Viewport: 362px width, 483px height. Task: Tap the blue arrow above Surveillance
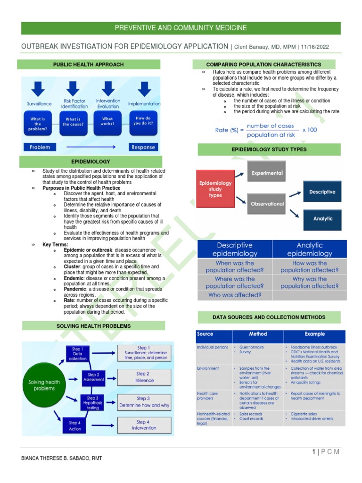[38, 89]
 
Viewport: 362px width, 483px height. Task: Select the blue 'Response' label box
[143, 147]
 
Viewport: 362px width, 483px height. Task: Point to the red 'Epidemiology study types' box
[215, 189]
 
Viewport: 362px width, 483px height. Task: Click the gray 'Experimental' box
[267, 173]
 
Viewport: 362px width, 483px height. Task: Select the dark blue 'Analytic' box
[323, 219]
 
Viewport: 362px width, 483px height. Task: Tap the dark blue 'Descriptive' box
[323, 192]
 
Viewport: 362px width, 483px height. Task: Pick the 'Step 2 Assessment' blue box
[93, 377]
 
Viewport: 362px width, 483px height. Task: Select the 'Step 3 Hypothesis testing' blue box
[92, 403]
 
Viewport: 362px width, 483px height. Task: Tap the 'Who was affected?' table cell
[235, 295]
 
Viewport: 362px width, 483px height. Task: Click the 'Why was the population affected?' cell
[309, 283]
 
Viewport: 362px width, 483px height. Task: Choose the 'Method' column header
[258, 334]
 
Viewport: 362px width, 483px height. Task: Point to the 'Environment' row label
[208, 368]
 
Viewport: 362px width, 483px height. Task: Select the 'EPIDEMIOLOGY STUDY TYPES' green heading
[269, 150]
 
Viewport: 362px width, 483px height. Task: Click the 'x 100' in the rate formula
[310, 129]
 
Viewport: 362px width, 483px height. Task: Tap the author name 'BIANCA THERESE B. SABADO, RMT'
[62, 458]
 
